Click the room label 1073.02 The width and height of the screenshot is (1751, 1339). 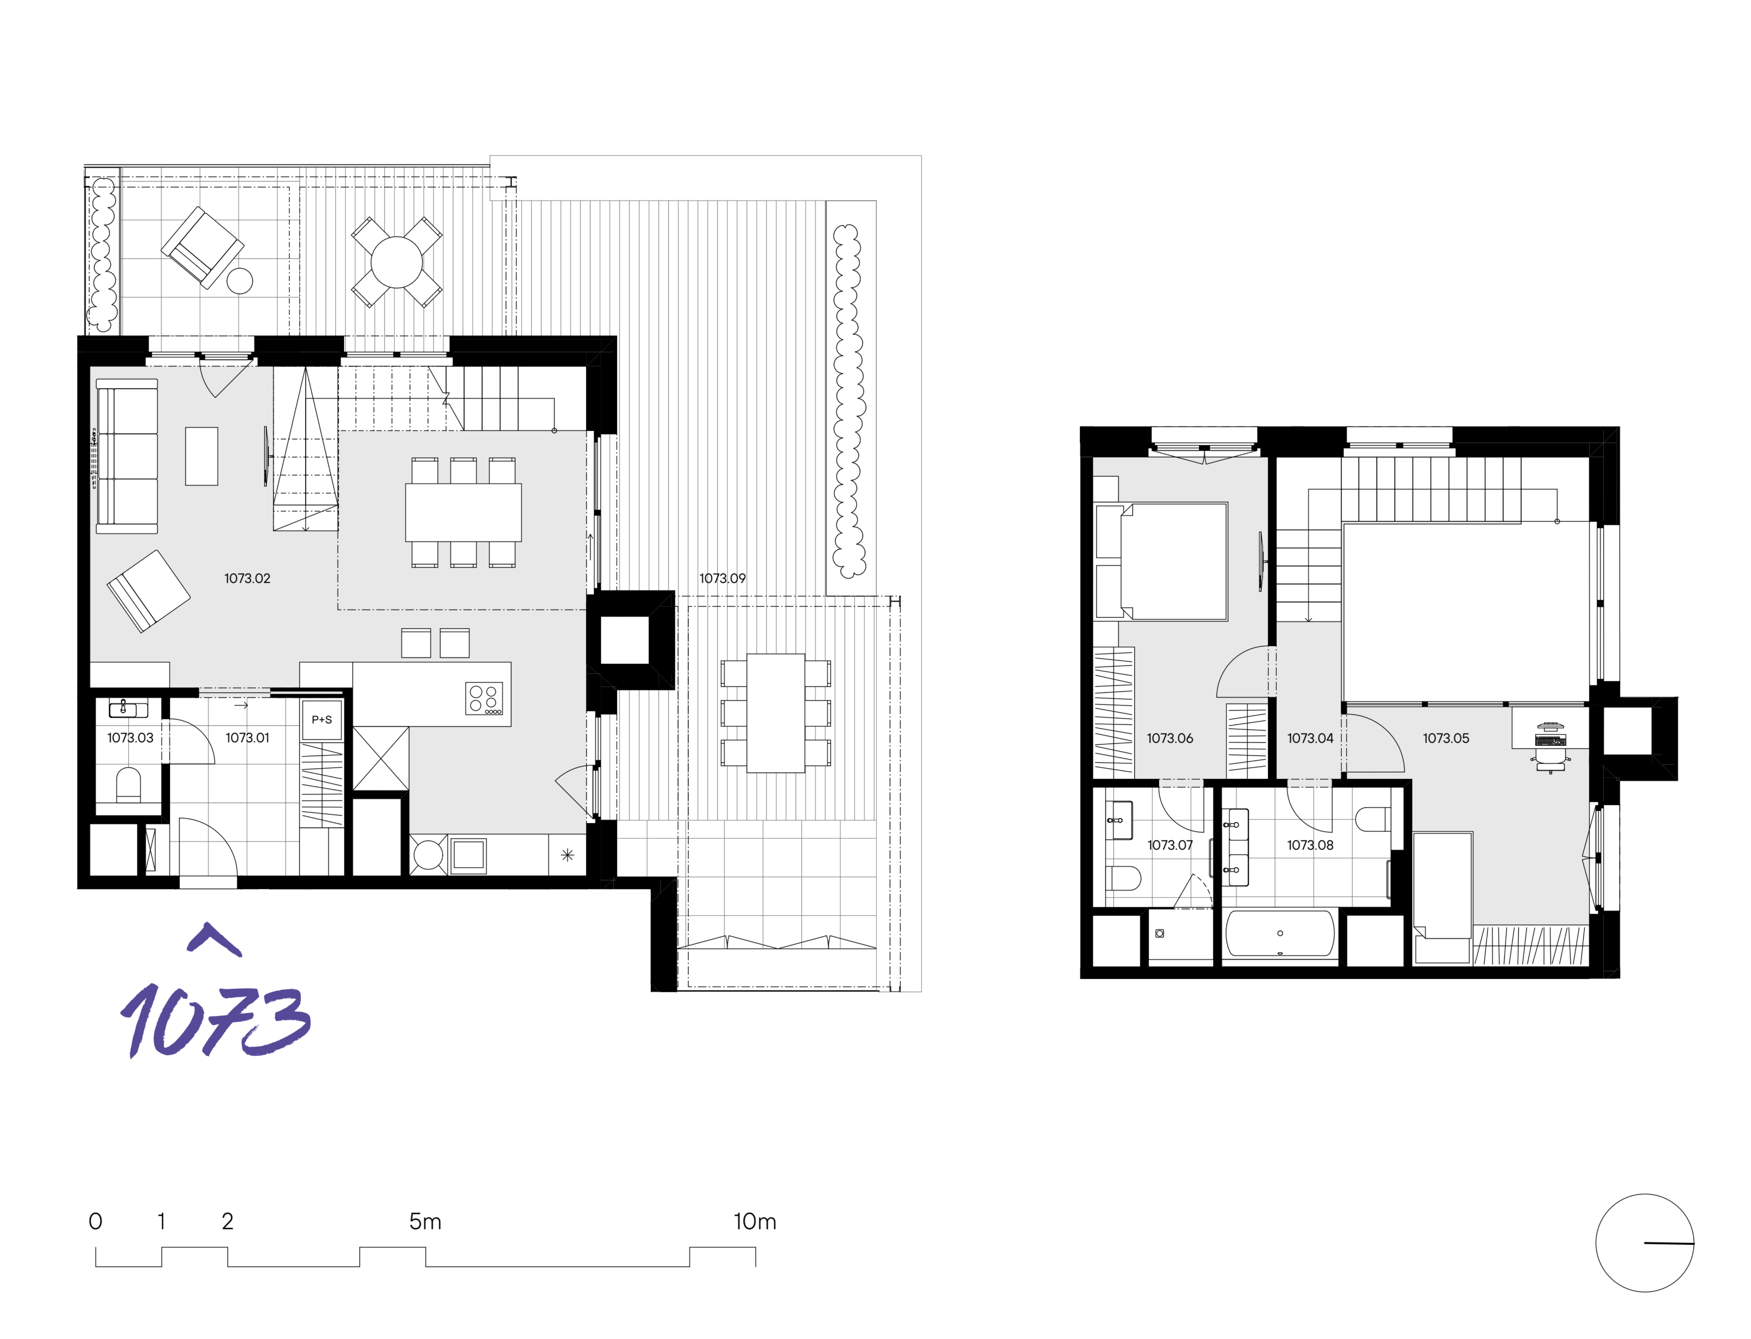click(247, 579)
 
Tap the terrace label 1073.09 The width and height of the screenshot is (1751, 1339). click(722, 579)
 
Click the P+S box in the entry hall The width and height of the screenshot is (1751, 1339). click(322, 720)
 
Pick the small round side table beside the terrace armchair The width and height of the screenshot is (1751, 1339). click(240, 280)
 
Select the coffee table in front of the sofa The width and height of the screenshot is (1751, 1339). click(202, 456)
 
